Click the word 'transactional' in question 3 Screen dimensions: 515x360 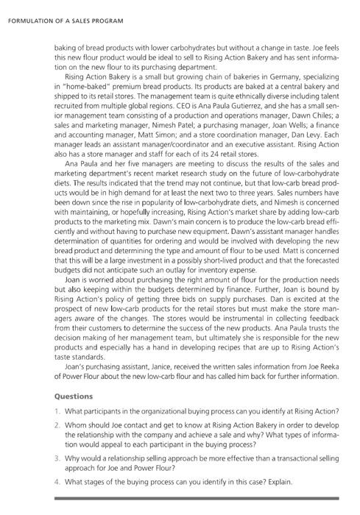click(x=289, y=457)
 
